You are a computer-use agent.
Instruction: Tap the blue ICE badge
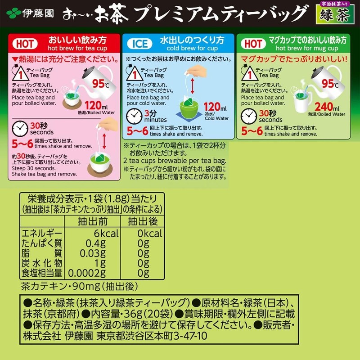coord(140,44)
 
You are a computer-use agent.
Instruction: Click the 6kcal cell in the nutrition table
coord(106,234)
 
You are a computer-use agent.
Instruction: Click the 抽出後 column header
coord(143,221)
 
